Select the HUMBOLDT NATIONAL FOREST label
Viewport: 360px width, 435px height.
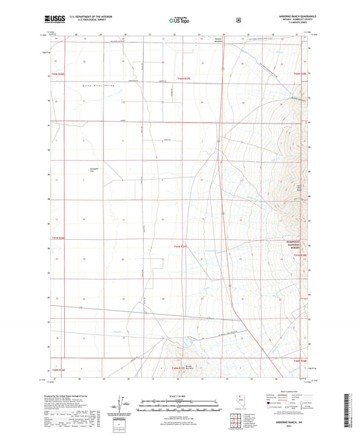(297, 245)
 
